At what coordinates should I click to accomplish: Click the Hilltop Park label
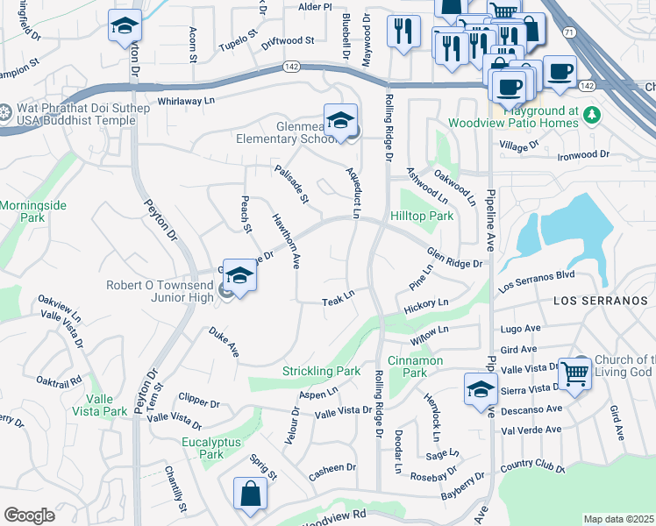(422, 216)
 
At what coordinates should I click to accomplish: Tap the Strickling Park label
(321, 372)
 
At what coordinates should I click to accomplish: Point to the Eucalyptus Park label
(210, 448)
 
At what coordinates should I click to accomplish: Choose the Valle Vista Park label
(99, 405)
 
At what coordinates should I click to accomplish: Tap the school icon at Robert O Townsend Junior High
(239, 276)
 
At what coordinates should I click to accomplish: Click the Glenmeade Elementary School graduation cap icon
(340, 119)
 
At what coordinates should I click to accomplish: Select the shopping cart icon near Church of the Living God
(575, 373)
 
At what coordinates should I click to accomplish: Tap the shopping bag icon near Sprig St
(250, 492)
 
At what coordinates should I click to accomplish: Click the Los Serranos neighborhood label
(604, 300)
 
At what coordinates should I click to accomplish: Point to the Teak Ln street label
(338, 300)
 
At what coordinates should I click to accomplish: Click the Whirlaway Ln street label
(186, 101)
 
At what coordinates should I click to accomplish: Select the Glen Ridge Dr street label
(454, 258)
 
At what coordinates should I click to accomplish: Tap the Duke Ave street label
(224, 342)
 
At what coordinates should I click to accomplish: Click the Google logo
(29, 515)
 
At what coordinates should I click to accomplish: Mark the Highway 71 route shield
(569, 32)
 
